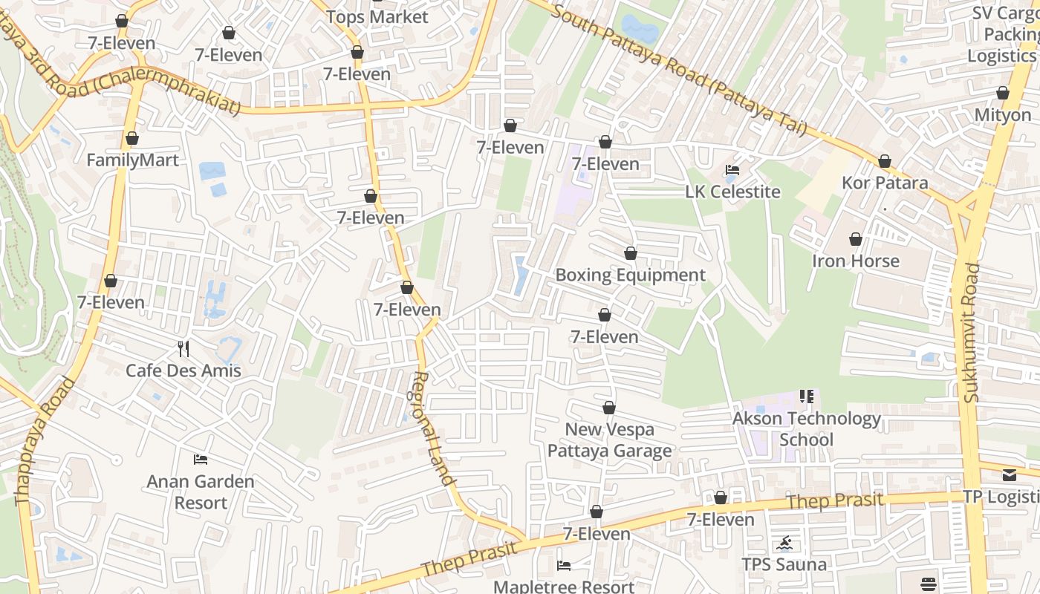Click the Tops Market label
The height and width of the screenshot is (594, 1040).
[x=377, y=17]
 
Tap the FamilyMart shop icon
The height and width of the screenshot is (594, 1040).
[x=132, y=139]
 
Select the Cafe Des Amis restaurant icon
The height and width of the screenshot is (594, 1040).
[x=183, y=348]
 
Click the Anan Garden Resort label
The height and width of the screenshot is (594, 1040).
[x=201, y=492]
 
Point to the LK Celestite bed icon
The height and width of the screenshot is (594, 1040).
[x=732, y=170]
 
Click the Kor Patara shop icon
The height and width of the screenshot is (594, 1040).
[x=884, y=161]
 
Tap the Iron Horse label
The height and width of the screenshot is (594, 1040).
[x=855, y=261]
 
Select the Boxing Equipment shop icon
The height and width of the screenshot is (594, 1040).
[x=630, y=254]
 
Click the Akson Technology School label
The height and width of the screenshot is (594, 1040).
[x=807, y=428]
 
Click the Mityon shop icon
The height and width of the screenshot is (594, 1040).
[x=1002, y=94]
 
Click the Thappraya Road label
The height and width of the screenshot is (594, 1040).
[x=46, y=442]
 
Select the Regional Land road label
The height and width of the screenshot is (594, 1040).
[x=432, y=428]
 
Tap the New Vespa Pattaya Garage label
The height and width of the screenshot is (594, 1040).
[x=609, y=440]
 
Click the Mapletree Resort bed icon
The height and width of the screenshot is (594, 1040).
[x=564, y=566]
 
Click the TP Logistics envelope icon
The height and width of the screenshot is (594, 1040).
[x=1009, y=475]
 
